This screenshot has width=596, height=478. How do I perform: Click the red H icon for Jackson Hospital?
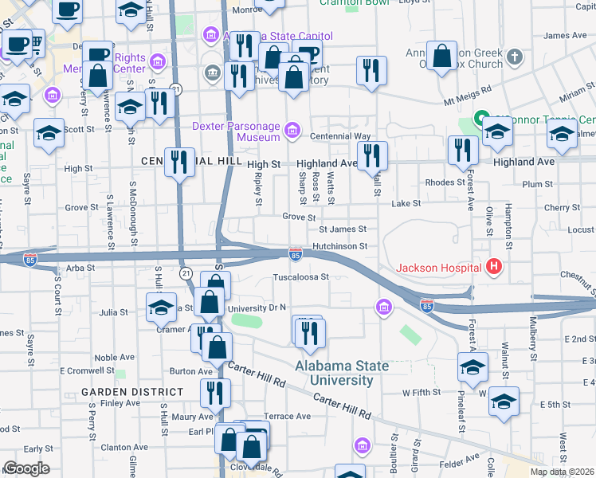pyautogui.click(x=494, y=266)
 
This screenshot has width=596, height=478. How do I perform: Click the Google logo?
pyautogui.click(x=26, y=468)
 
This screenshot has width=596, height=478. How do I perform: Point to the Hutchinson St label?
pyautogui.click(x=339, y=247)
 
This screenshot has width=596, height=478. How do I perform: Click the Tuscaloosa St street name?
pyautogui.click(x=301, y=277)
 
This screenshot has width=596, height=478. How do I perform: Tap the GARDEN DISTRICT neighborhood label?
pyautogui.click(x=131, y=392)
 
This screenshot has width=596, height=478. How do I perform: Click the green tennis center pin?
pyautogui.click(x=481, y=119)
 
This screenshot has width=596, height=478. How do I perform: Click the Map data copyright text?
pyautogui.click(x=561, y=472)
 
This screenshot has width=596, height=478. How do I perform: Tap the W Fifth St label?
pyautogui.click(x=422, y=392)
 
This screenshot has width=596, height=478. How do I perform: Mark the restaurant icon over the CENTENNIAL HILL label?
pyautogui.click(x=179, y=162)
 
